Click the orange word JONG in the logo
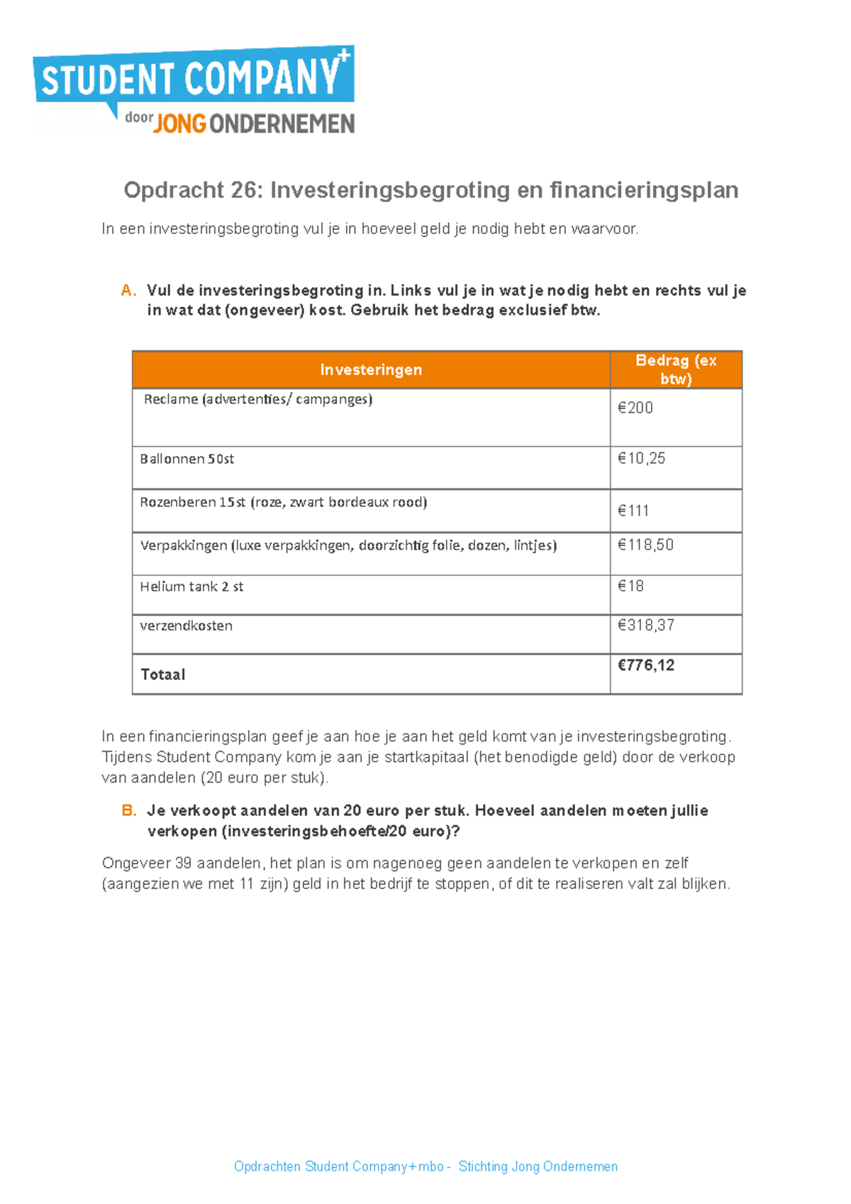point(179,124)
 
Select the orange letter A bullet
point(128,291)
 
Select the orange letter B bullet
point(128,810)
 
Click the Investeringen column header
point(371,369)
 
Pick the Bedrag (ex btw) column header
point(676,369)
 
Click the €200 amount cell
point(635,408)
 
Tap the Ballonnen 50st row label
point(187,459)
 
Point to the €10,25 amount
point(641,459)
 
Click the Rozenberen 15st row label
point(283,502)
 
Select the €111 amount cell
point(633,511)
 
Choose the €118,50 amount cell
point(645,545)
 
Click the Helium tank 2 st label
point(191,586)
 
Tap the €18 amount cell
point(630,586)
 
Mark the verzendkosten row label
point(186,625)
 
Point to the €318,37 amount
point(646,625)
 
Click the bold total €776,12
point(646,665)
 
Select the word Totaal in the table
point(163,674)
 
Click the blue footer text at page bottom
point(425,1166)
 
